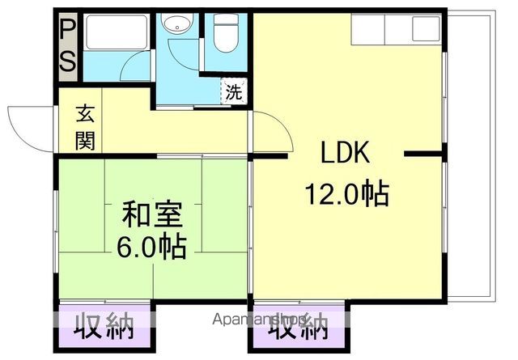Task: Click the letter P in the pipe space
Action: click(x=68, y=32)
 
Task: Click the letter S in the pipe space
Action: click(x=68, y=61)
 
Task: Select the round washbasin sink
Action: click(x=174, y=26)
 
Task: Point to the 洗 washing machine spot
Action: click(x=233, y=91)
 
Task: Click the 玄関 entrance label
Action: click(x=85, y=128)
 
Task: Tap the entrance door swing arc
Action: click(x=24, y=128)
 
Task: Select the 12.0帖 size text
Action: click(x=346, y=194)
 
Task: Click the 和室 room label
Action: click(x=152, y=215)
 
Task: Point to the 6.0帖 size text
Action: click(x=152, y=245)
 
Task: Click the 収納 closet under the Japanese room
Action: click(x=104, y=327)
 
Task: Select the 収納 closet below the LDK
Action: click(x=299, y=327)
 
